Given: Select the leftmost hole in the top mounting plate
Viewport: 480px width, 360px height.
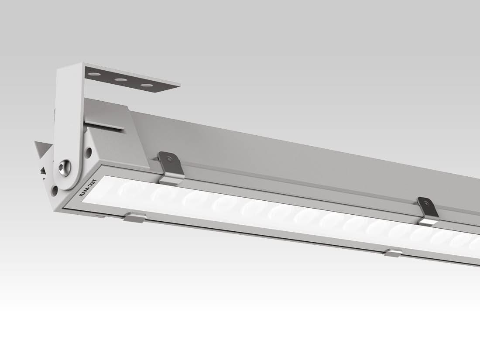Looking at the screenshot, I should point(92,75).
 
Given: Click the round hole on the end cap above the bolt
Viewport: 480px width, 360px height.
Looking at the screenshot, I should point(89,152).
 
